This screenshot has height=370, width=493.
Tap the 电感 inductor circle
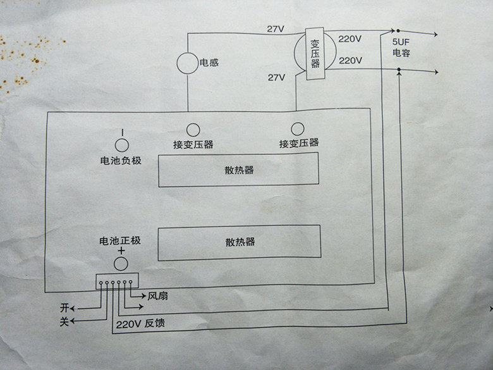tap(187, 63)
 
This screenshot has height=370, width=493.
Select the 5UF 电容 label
tap(401, 47)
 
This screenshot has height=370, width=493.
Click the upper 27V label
tap(276, 29)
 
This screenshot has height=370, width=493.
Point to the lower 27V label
tap(276, 77)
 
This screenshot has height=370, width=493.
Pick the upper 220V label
tap(350, 39)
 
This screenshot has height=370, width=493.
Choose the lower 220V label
tap(350, 61)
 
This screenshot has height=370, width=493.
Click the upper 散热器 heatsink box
tap(239, 170)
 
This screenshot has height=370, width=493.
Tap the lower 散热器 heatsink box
tap(239, 242)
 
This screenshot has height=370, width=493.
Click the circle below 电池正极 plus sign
tap(120, 263)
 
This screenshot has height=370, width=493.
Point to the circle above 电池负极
tap(120, 134)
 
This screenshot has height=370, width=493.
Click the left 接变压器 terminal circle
tap(192, 129)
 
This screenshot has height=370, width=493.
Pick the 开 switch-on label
tap(63, 307)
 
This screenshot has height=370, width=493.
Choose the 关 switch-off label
tap(63, 322)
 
